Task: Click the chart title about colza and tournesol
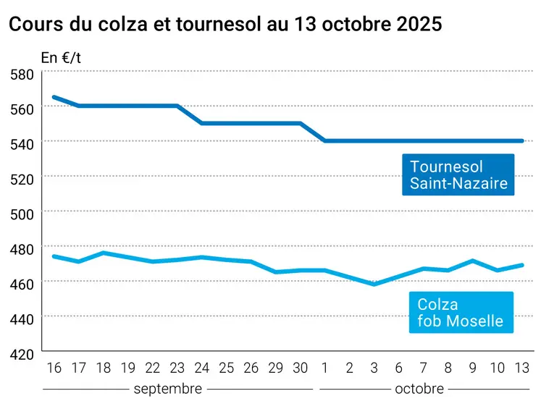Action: click(x=225, y=24)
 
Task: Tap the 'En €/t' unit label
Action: click(x=61, y=58)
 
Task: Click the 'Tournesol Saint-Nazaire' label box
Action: click(x=458, y=174)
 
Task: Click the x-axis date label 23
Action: click(x=177, y=368)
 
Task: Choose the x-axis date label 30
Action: click(x=301, y=368)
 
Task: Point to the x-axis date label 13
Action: click(x=521, y=368)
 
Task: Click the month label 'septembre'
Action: click(x=168, y=389)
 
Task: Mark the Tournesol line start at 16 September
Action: click(x=54, y=97)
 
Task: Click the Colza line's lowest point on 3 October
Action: click(x=374, y=285)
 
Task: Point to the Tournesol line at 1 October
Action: click(x=324, y=140)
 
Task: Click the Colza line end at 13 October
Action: click(x=522, y=265)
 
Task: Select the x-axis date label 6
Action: click(x=398, y=368)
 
